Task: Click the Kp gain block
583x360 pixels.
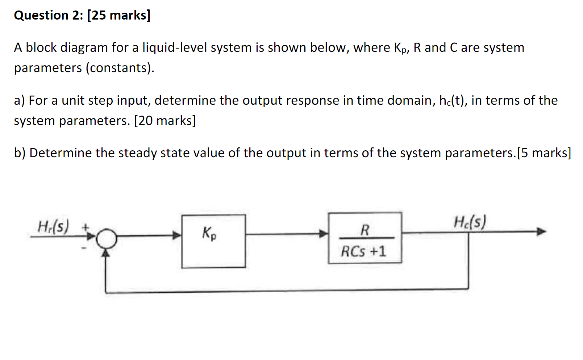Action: pos(213,241)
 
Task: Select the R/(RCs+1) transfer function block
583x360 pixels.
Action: pos(365,238)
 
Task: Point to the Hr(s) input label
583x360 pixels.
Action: pos(53,227)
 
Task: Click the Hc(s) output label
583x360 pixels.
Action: pos(470,222)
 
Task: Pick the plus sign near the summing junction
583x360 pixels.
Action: pos(86,227)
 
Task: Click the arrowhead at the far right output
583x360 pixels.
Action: pos(541,231)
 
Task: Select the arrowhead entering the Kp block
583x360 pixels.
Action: pos(177,235)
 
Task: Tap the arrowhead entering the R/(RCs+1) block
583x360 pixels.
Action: pos(324,234)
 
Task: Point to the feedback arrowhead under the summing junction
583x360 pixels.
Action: pos(105,253)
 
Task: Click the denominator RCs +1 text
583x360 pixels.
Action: pos(363,251)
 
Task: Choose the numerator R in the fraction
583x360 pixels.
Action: pos(365,230)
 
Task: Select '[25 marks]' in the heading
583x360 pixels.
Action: pos(119,15)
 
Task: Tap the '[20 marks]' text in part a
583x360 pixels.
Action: pos(165,121)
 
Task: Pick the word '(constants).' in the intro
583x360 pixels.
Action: pos(120,68)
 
